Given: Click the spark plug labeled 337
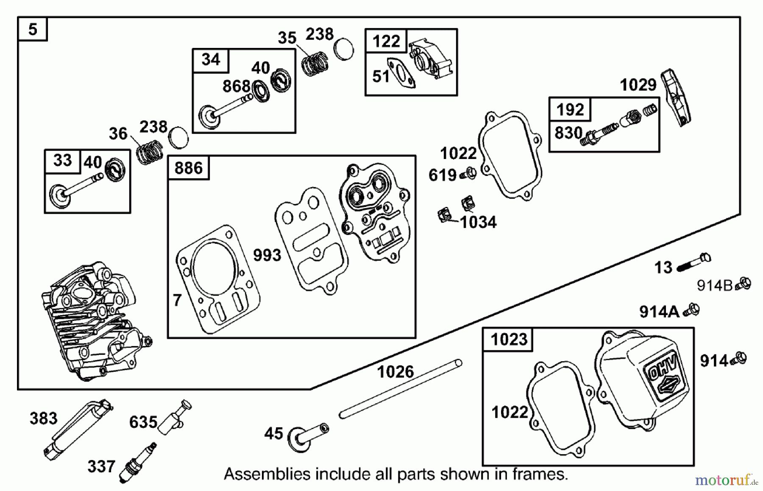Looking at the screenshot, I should (138, 463).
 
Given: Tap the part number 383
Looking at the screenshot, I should (43, 418).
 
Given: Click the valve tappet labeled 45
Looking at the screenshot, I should (307, 437).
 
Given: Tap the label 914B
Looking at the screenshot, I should (715, 286).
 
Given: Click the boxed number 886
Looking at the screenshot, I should (189, 168).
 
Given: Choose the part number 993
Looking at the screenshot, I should (267, 255).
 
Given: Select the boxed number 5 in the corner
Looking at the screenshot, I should (33, 29).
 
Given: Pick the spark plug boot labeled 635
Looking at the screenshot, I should (175, 417).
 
